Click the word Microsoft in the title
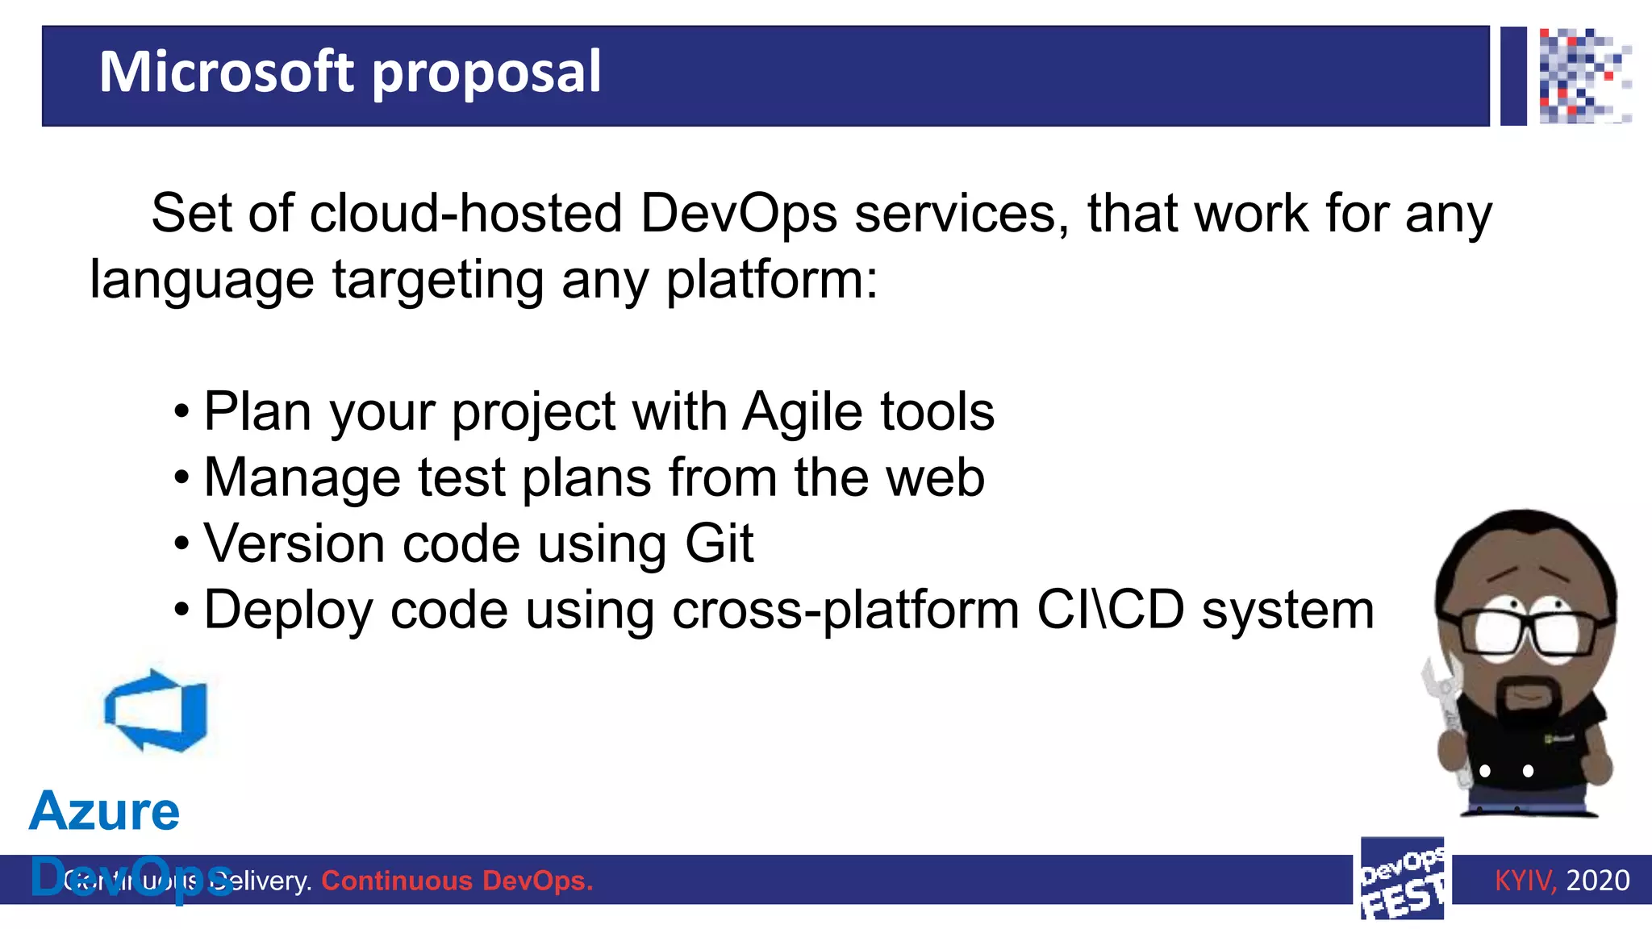pyautogui.click(x=226, y=72)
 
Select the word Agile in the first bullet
pyautogui.click(x=802, y=413)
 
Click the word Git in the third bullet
pyautogui.click(x=719, y=544)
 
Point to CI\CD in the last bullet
pyautogui.click(x=1110, y=610)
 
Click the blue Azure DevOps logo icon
pyautogui.click(x=156, y=710)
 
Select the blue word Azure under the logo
pyautogui.click(x=105, y=810)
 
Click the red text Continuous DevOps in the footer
pyautogui.click(x=457, y=881)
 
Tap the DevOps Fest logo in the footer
pyautogui.click(x=1402, y=880)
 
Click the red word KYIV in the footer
pyautogui.click(x=1524, y=880)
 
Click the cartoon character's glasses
pyautogui.click(x=1525, y=634)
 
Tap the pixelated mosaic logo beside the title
pyautogui.click(x=1584, y=76)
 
